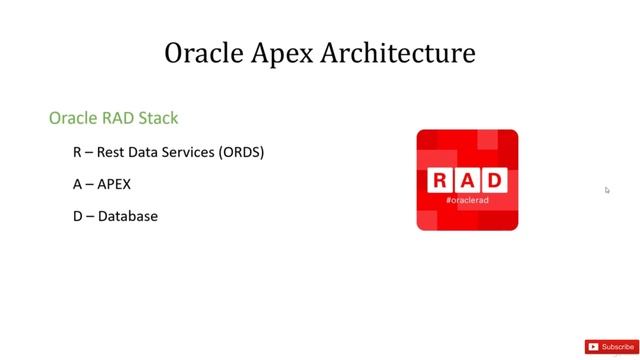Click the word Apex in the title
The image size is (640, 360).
[x=285, y=53]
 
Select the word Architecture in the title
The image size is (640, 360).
[x=400, y=53]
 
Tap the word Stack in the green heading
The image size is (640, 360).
[x=158, y=118]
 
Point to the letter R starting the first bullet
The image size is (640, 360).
[x=77, y=153]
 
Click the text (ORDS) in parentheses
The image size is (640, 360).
[x=240, y=153]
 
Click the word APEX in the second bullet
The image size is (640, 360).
[x=114, y=184]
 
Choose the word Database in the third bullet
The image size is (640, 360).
[x=128, y=215]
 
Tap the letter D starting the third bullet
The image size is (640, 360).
[x=77, y=215]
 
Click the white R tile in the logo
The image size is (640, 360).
[x=440, y=181]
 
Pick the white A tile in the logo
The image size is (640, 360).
[x=467, y=181]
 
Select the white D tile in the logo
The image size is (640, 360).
[x=494, y=181]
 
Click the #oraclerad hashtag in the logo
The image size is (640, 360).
[x=467, y=200]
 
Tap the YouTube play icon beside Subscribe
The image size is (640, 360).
[x=594, y=347]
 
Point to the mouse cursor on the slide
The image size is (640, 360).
[x=607, y=190]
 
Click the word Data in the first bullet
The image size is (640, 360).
[x=138, y=153]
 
